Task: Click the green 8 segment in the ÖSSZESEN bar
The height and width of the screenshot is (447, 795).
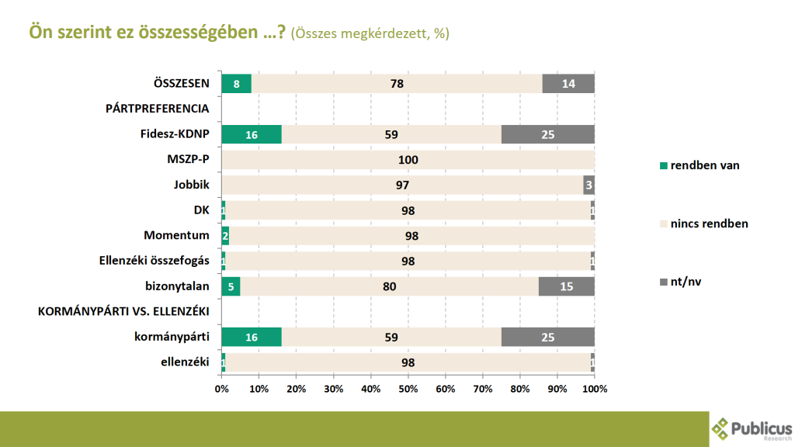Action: point(236,84)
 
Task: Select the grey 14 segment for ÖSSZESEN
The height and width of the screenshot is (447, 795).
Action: point(568,84)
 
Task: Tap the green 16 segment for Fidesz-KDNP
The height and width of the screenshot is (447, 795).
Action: point(252,134)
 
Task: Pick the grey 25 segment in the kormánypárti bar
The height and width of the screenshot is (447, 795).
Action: point(548,338)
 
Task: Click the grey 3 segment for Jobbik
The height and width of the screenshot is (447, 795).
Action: point(589,185)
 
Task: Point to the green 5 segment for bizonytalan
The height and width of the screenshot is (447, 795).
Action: point(231,287)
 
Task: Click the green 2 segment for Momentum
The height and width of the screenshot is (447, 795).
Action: point(225,236)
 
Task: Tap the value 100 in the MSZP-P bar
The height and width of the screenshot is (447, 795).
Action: point(408,160)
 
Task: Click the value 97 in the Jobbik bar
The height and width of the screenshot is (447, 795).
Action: point(402,185)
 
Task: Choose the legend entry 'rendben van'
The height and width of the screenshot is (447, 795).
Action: point(700,165)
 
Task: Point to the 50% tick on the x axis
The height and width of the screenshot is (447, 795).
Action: point(408,388)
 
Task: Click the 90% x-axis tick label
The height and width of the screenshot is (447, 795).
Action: point(557,388)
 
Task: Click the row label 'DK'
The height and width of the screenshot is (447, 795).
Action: point(203,210)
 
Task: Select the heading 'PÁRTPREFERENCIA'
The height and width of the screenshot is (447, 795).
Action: point(158,109)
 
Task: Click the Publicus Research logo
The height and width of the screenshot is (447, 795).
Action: point(752,428)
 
